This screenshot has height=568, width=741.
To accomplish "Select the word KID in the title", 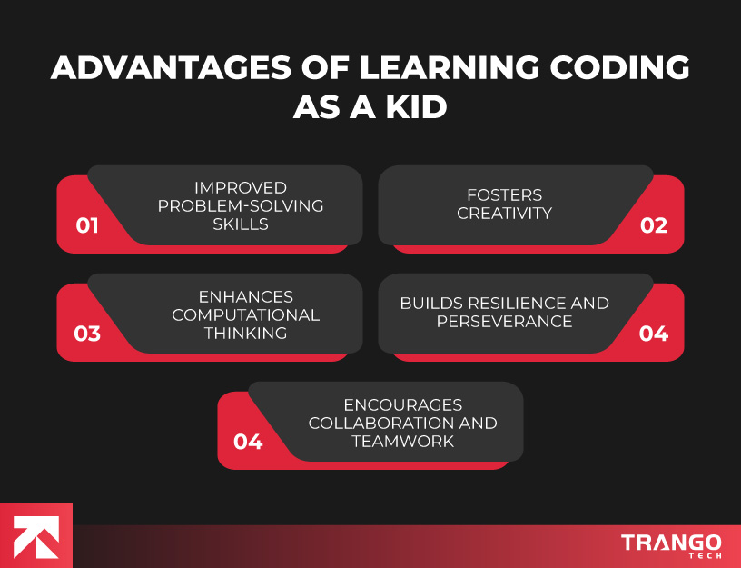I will click(413, 107).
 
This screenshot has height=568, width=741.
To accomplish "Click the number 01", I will click(87, 224).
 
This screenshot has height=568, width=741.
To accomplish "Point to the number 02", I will click(654, 224).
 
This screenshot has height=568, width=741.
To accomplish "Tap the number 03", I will click(87, 333).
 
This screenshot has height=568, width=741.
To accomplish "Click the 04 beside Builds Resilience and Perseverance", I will click(654, 333).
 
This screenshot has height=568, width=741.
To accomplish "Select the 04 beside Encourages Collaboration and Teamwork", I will click(248, 442).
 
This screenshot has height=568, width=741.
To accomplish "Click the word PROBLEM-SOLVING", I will click(241, 206).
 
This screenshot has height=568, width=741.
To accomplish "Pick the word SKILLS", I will click(241, 224).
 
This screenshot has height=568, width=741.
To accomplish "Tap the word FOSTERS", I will click(505, 194).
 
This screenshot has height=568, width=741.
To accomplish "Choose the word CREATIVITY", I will click(505, 214).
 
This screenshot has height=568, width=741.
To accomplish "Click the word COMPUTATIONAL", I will click(246, 315).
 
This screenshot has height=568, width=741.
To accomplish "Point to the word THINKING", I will click(246, 333).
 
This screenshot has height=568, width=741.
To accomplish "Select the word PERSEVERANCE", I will click(505, 322).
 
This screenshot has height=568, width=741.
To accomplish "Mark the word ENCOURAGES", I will click(402, 405).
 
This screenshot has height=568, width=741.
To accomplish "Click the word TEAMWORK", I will click(402, 442).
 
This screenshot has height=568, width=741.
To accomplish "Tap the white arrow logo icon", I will click(36, 536).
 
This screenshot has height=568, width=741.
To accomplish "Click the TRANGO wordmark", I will click(671, 543).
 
